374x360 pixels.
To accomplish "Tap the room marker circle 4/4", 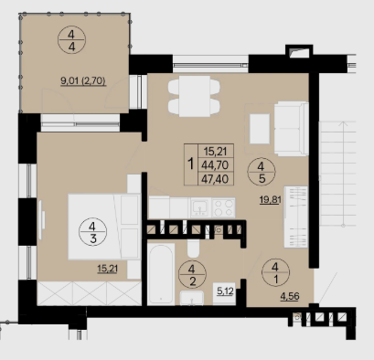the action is click(71, 40).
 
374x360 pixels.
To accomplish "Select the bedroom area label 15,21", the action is click(108, 269).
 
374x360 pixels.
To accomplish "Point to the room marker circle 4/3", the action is click(92, 232).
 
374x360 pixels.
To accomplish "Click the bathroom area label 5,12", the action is click(225, 291).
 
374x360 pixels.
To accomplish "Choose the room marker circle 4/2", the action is click(192, 274).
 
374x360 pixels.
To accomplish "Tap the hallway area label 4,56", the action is click(290, 296).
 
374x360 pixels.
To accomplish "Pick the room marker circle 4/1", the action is click(275, 273).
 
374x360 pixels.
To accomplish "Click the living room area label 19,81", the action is click(270, 200).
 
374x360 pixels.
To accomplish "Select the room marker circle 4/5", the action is click(262, 172).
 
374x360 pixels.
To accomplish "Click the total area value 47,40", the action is click(215, 179).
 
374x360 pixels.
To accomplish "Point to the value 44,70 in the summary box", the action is click(215, 164).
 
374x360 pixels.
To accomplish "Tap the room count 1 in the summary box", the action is click(191, 164).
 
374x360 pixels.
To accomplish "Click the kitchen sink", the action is click(200, 207).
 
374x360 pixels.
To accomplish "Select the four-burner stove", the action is click(223, 207).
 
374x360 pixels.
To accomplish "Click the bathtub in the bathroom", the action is click(161, 274).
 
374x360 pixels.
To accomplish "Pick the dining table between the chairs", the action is click(195, 96).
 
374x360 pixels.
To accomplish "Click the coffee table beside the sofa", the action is click(260, 129).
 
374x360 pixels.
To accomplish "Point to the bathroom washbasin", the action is click(192, 298).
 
